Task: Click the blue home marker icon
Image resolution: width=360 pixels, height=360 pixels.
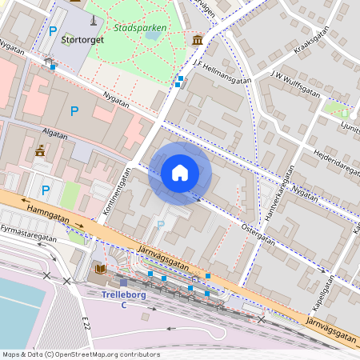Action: point(180,173)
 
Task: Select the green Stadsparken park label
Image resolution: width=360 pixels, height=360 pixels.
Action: point(140,27)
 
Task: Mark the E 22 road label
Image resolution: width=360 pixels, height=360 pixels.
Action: point(85,322)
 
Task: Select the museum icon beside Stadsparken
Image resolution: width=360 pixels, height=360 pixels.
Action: point(197,40)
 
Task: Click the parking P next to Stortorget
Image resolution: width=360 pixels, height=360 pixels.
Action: point(53,32)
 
